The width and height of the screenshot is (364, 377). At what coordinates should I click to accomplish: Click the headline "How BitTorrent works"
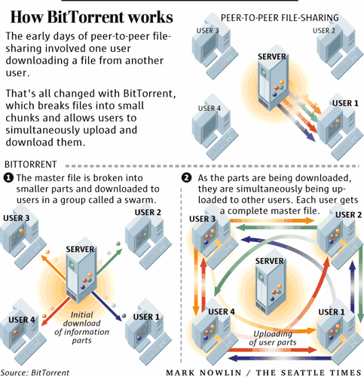pyautogui.click(x=91, y=17)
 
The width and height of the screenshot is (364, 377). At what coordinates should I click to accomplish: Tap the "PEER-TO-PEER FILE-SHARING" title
pyautogui.click(x=280, y=18)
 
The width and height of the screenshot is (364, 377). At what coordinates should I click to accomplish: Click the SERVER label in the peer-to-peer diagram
pyautogui.click(x=272, y=57)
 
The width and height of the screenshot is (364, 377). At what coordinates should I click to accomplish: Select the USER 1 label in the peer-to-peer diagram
pyautogui.click(x=345, y=103)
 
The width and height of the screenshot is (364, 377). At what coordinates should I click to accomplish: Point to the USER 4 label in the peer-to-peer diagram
pyautogui.click(x=210, y=109)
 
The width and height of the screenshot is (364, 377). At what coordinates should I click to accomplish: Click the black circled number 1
pyautogui.click(x=8, y=178)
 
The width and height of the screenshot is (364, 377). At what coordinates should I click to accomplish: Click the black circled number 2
pyautogui.click(x=186, y=178)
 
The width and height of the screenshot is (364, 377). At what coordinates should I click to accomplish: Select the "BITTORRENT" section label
pyautogui.click(x=31, y=164)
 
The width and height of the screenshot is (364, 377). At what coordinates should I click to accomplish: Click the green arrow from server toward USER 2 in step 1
pyautogui.click(x=109, y=262)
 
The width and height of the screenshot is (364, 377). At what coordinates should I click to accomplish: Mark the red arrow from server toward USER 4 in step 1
pyautogui.click(x=55, y=311)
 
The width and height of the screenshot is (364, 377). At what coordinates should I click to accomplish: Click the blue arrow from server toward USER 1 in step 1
pyautogui.click(x=107, y=306)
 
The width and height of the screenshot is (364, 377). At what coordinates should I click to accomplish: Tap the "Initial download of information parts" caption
pyautogui.click(x=81, y=327)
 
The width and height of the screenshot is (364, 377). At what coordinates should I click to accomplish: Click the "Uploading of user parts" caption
pyautogui.click(x=273, y=338)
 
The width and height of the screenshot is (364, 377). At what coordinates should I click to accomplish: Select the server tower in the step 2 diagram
pyautogui.click(x=270, y=287)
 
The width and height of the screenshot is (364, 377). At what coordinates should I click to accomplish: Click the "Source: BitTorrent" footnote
pyautogui.click(x=35, y=372)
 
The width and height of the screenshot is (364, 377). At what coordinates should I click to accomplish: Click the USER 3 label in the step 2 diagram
pyautogui.click(x=203, y=219)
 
